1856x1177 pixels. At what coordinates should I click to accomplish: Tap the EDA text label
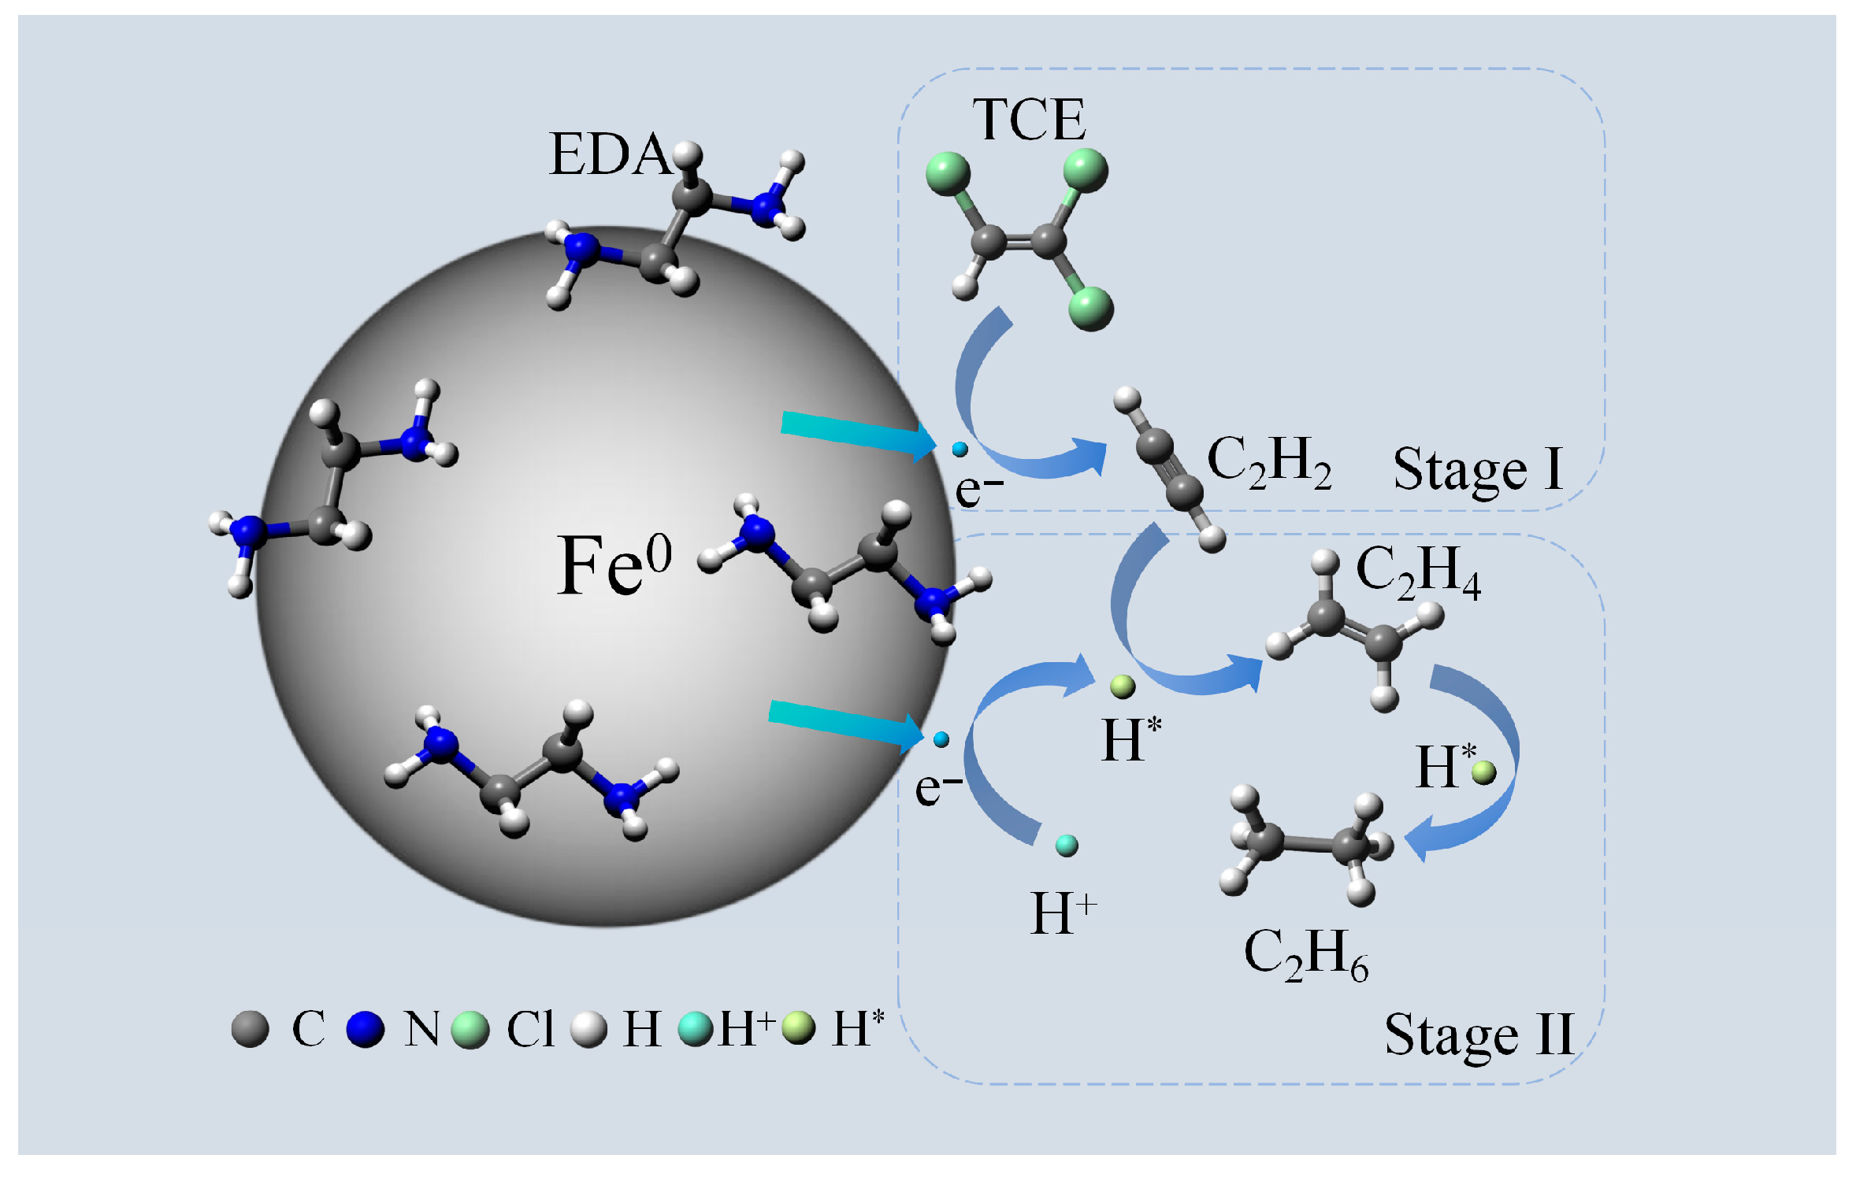click(609, 154)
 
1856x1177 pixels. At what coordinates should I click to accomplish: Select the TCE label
click(1029, 120)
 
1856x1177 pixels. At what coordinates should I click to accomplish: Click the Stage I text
click(1478, 469)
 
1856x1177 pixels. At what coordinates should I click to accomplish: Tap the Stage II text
click(1479, 1035)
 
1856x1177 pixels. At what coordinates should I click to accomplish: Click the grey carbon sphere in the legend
click(251, 1029)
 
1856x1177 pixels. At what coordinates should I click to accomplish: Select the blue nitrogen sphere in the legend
click(365, 1029)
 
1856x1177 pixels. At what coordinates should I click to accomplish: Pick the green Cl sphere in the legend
click(470, 1030)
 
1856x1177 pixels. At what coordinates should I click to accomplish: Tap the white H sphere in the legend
click(588, 1029)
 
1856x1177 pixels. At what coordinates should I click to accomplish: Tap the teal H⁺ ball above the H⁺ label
click(1066, 846)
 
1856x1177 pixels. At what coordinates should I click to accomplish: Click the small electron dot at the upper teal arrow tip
click(960, 450)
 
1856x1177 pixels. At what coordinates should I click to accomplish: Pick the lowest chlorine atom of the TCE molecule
click(1091, 307)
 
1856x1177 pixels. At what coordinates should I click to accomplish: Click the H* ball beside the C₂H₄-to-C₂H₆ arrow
click(1483, 772)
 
